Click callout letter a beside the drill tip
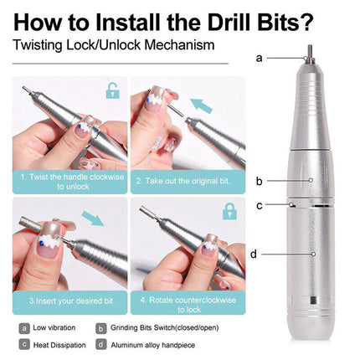pyautogui.click(x=259, y=58)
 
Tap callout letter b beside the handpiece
pyautogui.click(x=260, y=180)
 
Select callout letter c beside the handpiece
pyautogui.click(x=260, y=204)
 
